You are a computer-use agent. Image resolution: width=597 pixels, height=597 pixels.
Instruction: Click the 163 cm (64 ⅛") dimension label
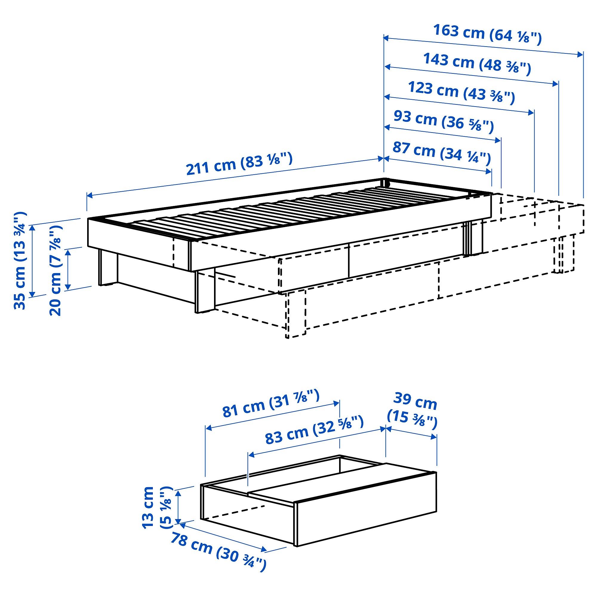(487, 35)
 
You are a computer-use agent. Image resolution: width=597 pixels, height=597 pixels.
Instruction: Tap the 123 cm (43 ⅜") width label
(461, 92)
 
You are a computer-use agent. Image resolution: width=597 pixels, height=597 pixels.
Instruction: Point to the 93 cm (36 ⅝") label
(444, 121)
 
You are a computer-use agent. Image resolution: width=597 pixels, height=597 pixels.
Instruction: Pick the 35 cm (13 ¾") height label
(20, 261)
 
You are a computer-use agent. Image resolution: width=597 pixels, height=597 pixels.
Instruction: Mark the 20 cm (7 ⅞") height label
(56, 270)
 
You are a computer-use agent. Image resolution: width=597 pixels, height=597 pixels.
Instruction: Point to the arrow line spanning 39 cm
(411, 432)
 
